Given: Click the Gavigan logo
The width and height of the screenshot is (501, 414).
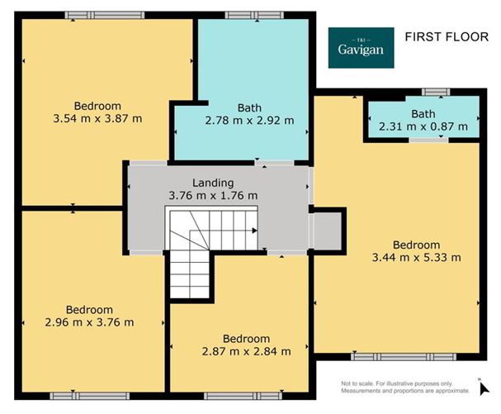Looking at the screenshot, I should click(x=362, y=47).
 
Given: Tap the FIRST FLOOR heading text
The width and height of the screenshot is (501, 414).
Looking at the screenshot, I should click(x=443, y=36).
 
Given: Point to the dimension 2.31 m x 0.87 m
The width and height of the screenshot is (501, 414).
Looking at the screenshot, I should click(x=423, y=127).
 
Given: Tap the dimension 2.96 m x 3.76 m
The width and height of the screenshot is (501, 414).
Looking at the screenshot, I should click(x=90, y=322).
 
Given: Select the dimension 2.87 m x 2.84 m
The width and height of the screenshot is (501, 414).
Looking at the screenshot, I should click(x=246, y=351).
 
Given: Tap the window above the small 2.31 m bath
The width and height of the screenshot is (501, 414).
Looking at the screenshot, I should click(x=430, y=91).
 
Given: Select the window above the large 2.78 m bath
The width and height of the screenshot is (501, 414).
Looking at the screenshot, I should click(x=245, y=15).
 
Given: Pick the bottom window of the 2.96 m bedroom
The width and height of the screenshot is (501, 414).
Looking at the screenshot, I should click(x=80, y=396).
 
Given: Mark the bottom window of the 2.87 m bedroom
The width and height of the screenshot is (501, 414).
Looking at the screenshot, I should click(x=243, y=396).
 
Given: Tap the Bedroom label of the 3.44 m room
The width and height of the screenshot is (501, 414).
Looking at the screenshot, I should click(x=415, y=245).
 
